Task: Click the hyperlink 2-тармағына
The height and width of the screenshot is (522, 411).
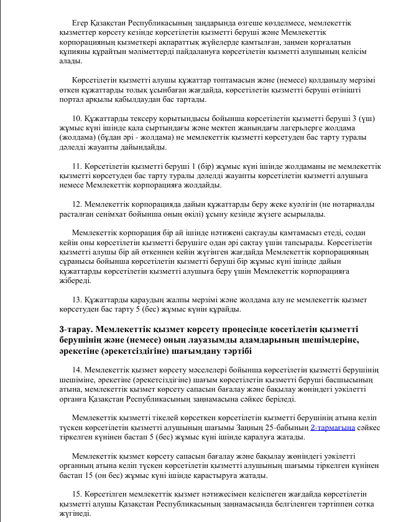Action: [333, 428]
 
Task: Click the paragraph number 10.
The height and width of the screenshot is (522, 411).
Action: [76, 118]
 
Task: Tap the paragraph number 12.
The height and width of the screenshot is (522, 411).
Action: [76, 204]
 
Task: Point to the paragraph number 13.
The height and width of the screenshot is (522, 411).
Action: [76, 299]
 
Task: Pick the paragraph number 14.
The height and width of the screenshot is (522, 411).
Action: [76, 369]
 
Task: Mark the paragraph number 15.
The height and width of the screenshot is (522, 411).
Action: [76, 493]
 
